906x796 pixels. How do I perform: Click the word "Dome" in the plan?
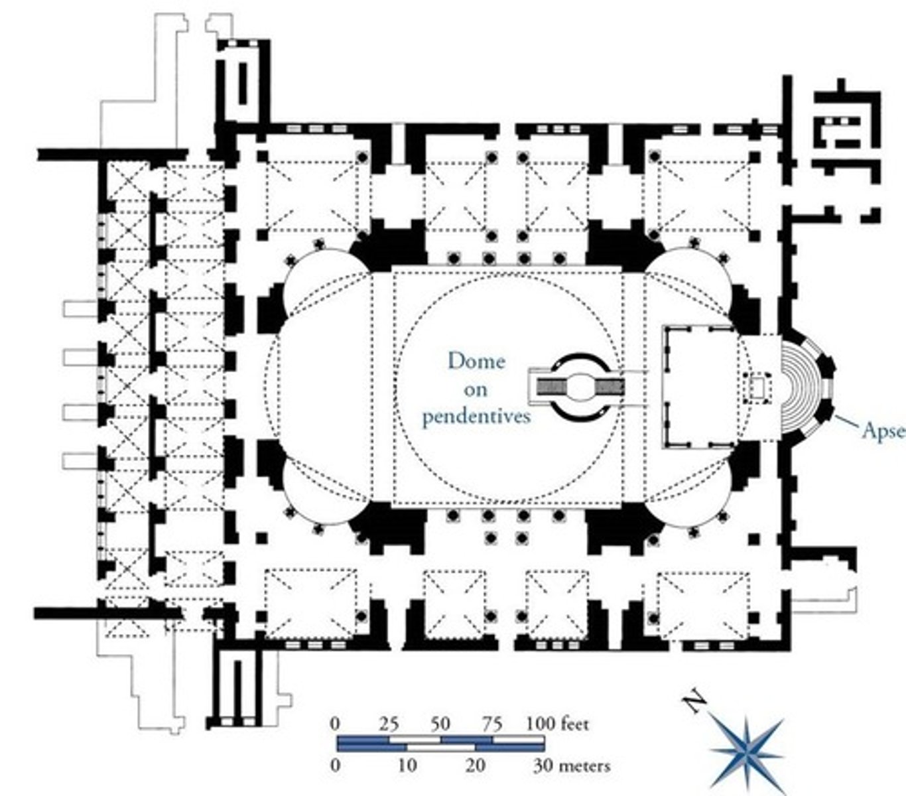pyautogui.click(x=476, y=362)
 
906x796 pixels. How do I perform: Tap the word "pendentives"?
pyautogui.click(x=476, y=417)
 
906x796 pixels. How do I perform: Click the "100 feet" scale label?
pyautogui.click(x=556, y=723)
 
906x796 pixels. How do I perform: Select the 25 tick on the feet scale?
pyautogui.click(x=389, y=723)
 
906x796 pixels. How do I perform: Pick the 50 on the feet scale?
pyautogui.click(x=440, y=723)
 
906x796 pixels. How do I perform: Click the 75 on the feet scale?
pyautogui.click(x=491, y=723)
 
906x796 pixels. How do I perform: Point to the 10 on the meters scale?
pyautogui.click(x=407, y=765)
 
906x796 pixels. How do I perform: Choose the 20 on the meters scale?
pyautogui.click(x=476, y=765)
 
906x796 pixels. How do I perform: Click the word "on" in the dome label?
pyautogui.click(x=476, y=389)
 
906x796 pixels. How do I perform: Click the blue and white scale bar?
pyautogui.click(x=441, y=744)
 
